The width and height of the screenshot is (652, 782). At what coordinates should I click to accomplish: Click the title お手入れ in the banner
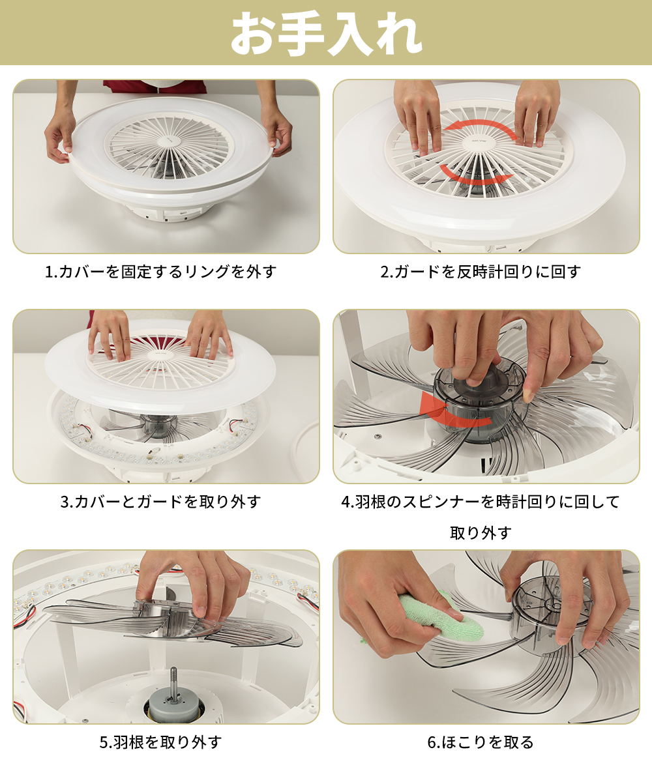click(327, 33)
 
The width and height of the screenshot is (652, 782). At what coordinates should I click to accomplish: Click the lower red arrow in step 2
click(476, 176)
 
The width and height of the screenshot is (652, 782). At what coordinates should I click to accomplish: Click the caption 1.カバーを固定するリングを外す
click(161, 272)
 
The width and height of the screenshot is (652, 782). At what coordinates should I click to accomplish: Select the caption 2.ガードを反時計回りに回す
click(481, 272)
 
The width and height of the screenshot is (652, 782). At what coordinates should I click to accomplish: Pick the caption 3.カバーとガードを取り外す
click(161, 502)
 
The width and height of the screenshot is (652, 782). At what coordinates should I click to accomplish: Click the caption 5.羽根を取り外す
click(161, 742)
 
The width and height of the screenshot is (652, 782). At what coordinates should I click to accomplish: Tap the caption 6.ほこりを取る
click(481, 742)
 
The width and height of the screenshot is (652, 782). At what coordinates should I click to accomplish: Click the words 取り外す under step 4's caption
click(481, 532)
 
